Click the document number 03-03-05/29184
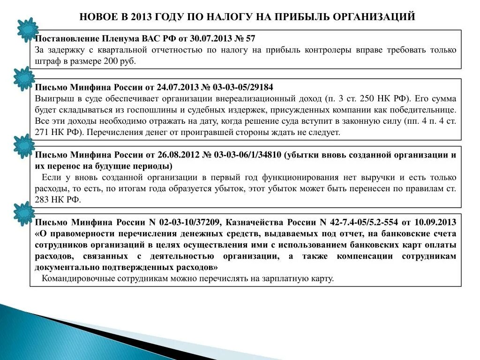click(244, 87)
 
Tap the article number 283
click(42, 200)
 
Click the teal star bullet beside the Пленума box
click(27, 29)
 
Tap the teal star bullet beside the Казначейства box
click(23, 213)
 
